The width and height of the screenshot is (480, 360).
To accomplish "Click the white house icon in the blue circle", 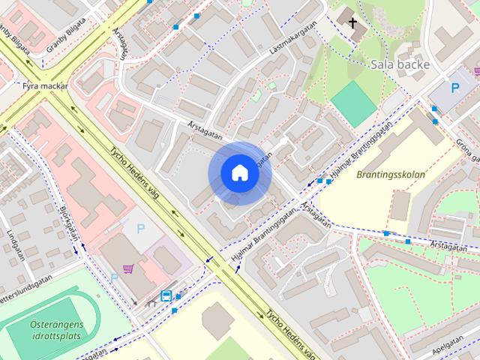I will point(239,173).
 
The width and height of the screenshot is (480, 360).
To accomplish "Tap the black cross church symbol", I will point(353,23).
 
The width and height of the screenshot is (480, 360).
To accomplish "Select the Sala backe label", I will point(400,64).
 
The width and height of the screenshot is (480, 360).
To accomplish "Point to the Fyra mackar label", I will point(45,86).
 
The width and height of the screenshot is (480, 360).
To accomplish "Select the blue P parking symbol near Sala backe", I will point(454,88).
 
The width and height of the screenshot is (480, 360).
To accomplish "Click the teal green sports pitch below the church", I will point(353,103).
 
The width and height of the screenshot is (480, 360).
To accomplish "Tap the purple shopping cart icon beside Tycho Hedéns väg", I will point(128,268).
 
